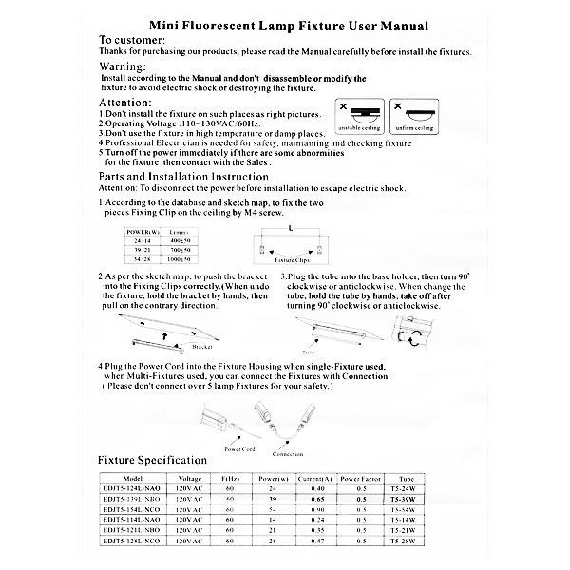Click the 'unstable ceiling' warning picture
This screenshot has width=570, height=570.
coord(359,116)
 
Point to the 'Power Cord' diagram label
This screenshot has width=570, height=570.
coord(238,448)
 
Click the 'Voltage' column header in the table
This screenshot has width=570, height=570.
coord(189,479)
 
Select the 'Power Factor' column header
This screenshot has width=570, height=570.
coord(360,479)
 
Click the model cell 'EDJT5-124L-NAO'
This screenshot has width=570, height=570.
coord(138,488)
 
